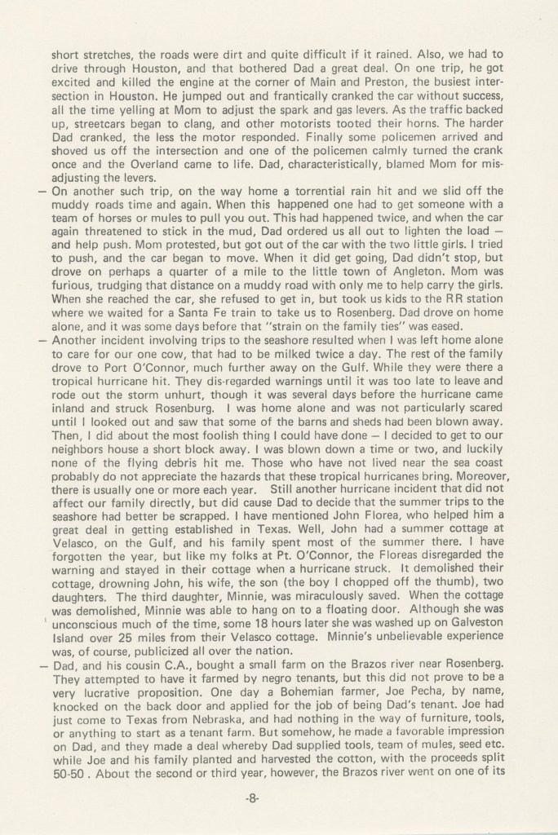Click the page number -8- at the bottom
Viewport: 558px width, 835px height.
click(279, 798)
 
